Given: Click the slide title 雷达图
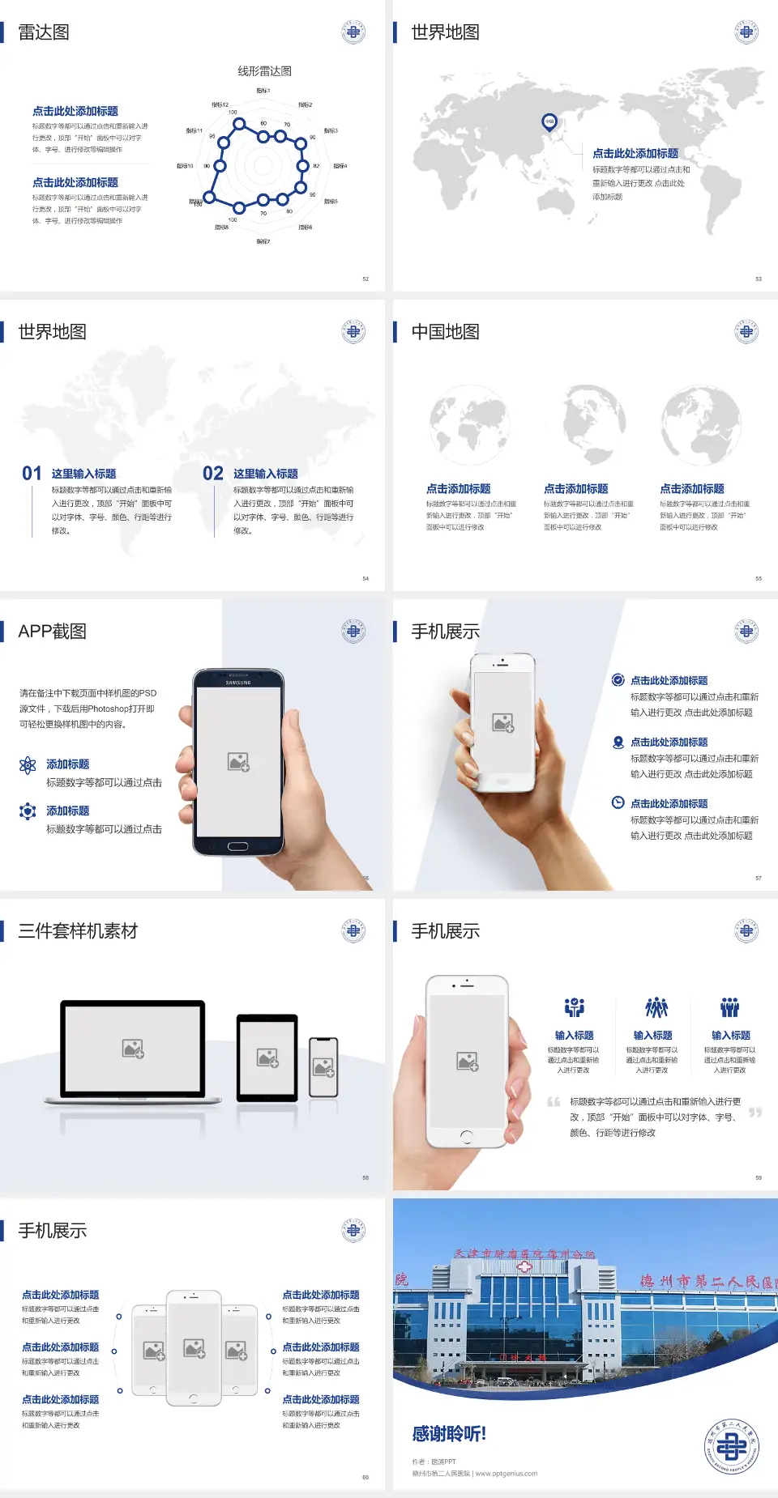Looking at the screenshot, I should [x=44, y=32].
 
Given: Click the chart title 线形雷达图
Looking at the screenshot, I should [x=264, y=71].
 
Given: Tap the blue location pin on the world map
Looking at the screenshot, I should [x=549, y=122].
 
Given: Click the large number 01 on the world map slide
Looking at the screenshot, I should [x=32, y=474].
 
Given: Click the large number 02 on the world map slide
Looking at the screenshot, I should [x=213, y=474].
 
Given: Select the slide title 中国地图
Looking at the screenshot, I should [x=445, y=332].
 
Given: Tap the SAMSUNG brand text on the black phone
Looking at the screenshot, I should [x=238, y=682].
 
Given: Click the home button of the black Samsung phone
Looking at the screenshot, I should [x=237, y=846].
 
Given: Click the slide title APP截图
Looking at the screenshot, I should [x=52, y=632].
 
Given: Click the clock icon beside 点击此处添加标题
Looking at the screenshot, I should [x=618, y=802].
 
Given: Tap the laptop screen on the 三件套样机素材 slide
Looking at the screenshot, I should [x=133, y=1049].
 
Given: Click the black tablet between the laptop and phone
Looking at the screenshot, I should [x=267, y=1057].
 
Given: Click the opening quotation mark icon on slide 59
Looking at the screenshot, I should [x=554, y=1102].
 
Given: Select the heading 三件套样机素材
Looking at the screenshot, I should [x=78, y=931].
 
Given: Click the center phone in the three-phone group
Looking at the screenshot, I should [x=194, y=1348].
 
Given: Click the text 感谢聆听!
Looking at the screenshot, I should [x=449, y=1434].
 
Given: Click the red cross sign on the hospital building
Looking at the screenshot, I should [x=524, y=1267].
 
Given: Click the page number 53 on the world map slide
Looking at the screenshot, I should [x=759, y=279].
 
